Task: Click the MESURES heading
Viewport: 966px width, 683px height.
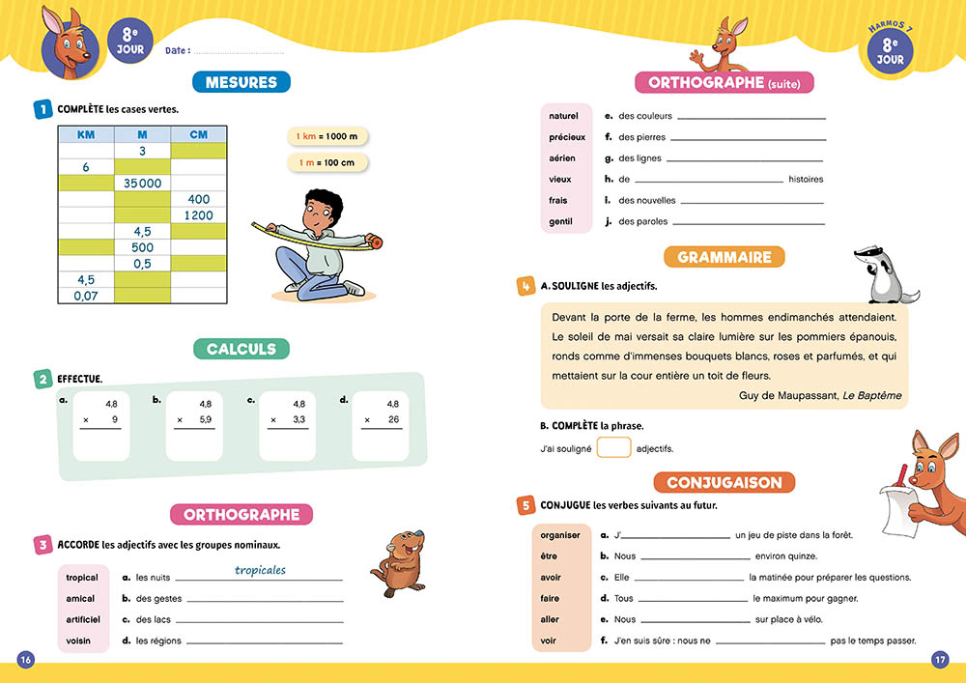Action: [x=241, y=82]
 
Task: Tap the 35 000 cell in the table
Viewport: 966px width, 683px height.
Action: [x=142, y=183]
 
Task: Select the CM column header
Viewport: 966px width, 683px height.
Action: [x=198, y=135]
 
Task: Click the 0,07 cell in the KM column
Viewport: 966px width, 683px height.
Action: [x=86, y=295]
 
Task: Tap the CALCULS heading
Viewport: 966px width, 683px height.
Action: [x=241, y=349]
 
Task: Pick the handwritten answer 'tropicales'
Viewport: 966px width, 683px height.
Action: [x=260, y=570]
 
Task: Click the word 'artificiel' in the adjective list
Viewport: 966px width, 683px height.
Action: [x=82, y=619]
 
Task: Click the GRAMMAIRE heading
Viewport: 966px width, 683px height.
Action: [x=724, y=257]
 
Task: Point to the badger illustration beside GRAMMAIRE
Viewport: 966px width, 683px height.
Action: [x=882, y=275]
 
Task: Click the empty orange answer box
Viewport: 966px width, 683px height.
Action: [x=613, y=447]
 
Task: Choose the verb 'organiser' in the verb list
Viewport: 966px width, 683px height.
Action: [x=560, y=535]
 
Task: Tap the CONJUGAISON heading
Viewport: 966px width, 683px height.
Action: [x=724, y=481]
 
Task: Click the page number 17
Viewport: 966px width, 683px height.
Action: [x=940, y=660]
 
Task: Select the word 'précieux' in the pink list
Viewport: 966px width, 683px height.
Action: [x=567, y=137]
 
